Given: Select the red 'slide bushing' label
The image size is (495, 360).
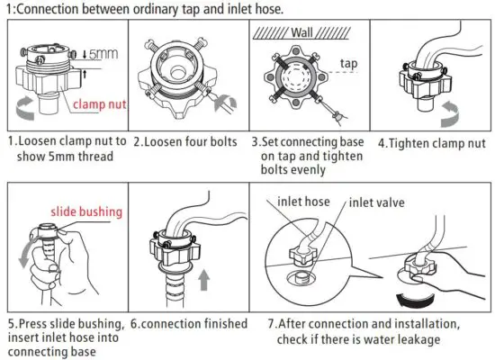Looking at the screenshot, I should pos(86,212).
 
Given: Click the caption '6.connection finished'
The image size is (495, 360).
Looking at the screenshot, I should pos(189,323).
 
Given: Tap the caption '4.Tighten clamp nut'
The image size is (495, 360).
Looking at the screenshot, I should pos(430,141).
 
